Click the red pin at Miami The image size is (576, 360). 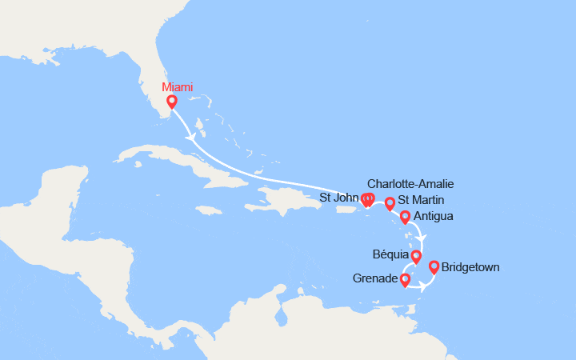(x=171, y=102)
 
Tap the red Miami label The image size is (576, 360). (x=177, y=87)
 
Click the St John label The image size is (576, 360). (x=339, y=198)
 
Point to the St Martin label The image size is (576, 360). (x=420, y=200)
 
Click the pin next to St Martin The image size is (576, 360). (x=390, y=203)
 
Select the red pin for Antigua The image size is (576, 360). (x=405, y=216)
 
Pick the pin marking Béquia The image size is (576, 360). (x=416, y=256)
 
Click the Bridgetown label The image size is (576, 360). (x=470, y=267)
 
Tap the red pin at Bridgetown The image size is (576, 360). (x=434, y=266)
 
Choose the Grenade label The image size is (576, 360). (x=374, y=279)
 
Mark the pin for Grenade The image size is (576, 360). (x=405, y=279)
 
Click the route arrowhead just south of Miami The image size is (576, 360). (x=190, y=138)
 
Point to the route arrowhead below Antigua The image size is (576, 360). (x=424, y=238)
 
